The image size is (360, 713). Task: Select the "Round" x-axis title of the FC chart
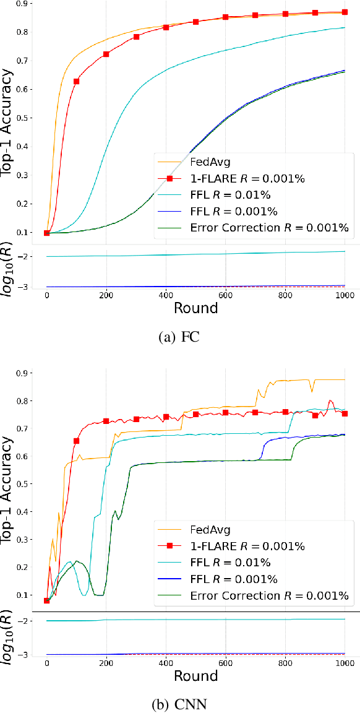195,308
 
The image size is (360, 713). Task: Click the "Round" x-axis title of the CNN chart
195,676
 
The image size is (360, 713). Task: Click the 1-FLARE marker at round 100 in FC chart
77,82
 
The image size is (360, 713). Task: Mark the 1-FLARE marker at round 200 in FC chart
106,54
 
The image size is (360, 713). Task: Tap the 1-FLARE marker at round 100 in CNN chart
77,441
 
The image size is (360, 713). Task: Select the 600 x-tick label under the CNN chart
225,662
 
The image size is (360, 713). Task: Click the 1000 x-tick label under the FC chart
344,295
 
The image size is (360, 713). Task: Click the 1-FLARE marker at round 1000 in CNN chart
345,413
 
